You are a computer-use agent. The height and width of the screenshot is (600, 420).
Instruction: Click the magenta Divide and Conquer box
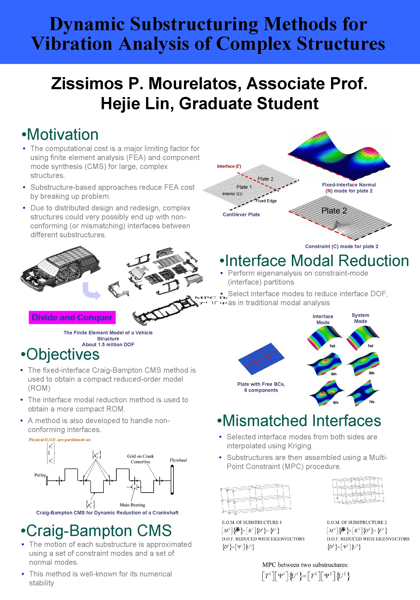coord(72,317)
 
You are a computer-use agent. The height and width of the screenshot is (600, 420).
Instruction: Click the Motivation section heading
coord(60,135)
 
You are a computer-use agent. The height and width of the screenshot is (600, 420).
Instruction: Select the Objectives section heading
coord(60,354)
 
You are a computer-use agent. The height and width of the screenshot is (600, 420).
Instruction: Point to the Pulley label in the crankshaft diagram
coord(40,475)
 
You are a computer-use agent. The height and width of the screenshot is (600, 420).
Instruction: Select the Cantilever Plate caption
coord(241,215)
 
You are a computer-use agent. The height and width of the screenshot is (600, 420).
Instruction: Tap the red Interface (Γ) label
coord(229,166)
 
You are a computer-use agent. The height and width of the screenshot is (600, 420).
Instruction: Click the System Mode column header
coord(360,318)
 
